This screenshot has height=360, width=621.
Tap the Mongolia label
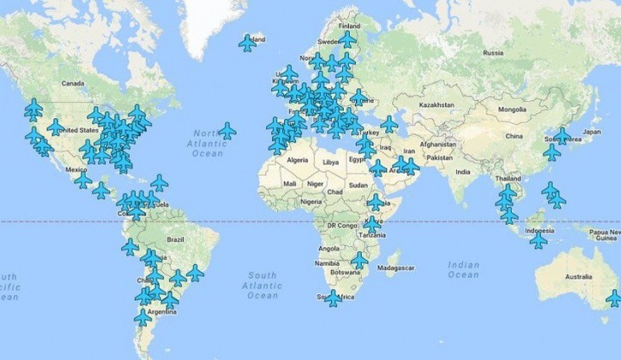pyautogui.click(x=512, y=109)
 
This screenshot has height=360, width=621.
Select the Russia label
pyautogui.click(x=492, y=52)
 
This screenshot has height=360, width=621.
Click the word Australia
pyautogui.click(x=578, y=277)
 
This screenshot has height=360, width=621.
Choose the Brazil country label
pyautogui.click(x=176, y=239)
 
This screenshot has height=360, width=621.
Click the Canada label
pyautogui.click(x=74, y=83)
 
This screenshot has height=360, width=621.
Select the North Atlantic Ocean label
pyautogui.click(x=208, y=143)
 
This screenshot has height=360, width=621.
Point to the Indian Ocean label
pyautogui.click(x=463, y=269)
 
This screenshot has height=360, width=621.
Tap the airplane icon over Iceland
pyautogui.click(x=248, y=43)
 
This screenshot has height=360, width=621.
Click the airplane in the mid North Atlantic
pyautogui.click(x=226, y=130)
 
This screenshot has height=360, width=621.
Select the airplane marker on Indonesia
pyautogui.click(x=538, y=241)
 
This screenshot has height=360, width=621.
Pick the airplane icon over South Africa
pyautogui.click(x=333, y=298)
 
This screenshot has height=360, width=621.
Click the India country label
pyautogui.click(x=462, y=172)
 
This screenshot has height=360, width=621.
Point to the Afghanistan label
pyautogui.click(x=437, y=143)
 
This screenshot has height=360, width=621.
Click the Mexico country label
pyautogui.click(x=52, y=171)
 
